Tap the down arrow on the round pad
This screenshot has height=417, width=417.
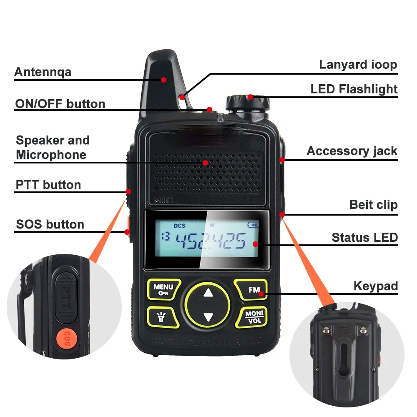pos(208,317)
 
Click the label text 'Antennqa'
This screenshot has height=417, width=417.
pos(43,72)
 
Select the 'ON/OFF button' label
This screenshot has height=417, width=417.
pos(60,103)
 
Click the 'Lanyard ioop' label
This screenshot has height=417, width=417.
pos(358,65)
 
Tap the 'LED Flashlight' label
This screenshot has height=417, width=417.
pos(354,89)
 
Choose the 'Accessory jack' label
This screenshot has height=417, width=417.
pos(352,151)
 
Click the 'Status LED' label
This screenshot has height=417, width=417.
pos(364,238)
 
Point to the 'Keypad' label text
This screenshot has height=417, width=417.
pos(375,286)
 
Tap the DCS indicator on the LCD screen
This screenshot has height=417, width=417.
pos(179,226)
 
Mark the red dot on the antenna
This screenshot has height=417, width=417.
pos(164,79)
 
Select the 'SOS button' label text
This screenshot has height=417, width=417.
pos(50,224)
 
